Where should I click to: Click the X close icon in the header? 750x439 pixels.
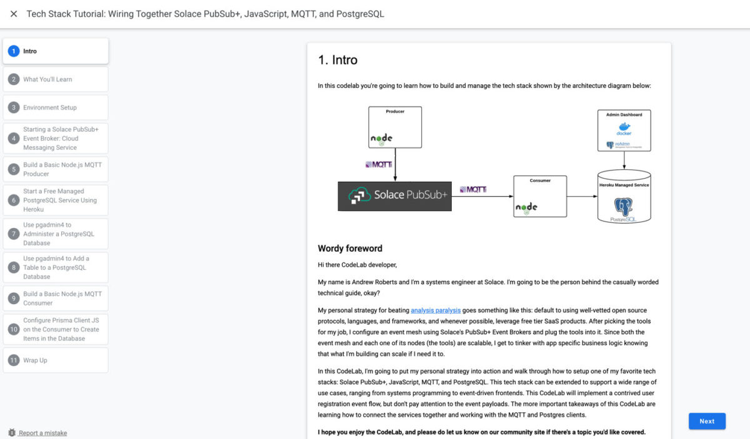coord(14,14)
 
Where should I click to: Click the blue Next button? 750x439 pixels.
coord(707,421)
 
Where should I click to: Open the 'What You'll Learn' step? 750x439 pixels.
coord(47,79)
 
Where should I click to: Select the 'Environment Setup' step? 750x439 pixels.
coord(50,107)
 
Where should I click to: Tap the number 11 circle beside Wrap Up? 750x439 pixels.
coord(13,360)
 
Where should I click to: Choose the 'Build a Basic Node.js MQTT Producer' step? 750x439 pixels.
coord(62,169)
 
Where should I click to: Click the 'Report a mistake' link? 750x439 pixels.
coord(42,433)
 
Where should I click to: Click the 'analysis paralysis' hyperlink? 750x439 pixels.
coord(436,310)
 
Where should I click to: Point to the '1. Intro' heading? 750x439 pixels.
coord(337,60)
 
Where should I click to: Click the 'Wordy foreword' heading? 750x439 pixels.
coord(350,249)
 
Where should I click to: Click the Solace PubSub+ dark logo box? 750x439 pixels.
coord(394,196)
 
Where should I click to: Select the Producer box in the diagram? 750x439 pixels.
coord(394,127)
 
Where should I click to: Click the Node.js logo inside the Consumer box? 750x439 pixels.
coord(526,207)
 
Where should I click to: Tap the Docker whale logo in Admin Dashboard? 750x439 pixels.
coord(624,128)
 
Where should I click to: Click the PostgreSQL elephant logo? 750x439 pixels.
coord(623,207)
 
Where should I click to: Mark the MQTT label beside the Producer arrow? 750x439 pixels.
coord(378,165)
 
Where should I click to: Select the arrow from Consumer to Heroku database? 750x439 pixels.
coord(582,197)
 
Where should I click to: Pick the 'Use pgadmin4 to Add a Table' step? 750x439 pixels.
coord(56,267)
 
